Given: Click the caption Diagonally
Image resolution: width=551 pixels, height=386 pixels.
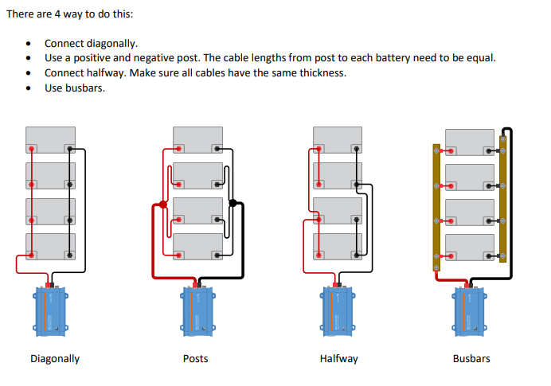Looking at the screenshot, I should tap(55, 359).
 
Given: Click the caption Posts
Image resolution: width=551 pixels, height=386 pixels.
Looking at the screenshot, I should tap(195, 359).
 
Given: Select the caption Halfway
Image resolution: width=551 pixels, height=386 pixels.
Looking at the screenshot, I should tap(339, 359).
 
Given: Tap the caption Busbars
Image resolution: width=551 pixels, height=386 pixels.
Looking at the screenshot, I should tap(471, 359).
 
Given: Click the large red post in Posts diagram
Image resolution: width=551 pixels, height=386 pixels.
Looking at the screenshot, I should tap(163, 205).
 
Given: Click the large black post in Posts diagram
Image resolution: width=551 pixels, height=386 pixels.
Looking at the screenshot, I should tap(233, 204).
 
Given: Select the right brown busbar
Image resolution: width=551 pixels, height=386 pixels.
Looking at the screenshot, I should tap(502, 199).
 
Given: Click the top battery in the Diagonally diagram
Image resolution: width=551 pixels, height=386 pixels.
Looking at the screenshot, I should tap(50, 140).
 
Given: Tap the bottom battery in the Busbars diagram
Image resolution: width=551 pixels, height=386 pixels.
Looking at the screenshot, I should tap(470, 248).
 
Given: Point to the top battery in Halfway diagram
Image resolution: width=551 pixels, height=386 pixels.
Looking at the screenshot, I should tap(338, 140).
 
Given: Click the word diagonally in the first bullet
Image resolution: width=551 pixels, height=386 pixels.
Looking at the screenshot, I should tap(114, 44).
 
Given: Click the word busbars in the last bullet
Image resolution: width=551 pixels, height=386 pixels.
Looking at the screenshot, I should tap(88, 88).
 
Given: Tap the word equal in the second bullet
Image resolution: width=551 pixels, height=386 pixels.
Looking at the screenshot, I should tap(481, 58).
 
